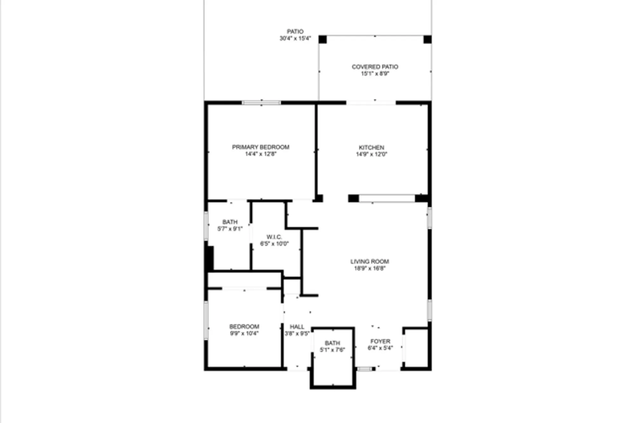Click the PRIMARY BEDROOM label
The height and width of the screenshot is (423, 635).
(260, 147)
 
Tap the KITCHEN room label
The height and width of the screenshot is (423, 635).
(371, 147)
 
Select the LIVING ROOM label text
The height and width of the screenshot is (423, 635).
(370, 262)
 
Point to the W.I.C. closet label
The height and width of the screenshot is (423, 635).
(274, 237)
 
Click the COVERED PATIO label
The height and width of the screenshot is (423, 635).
(375, 67)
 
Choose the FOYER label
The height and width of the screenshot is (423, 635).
(380, 342)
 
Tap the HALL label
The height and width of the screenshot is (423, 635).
(297, 327)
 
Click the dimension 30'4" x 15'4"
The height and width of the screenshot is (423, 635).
(295, 39)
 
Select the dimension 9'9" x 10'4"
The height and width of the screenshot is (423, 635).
(244, 334)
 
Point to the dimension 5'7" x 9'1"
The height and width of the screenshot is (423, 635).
(230, 229)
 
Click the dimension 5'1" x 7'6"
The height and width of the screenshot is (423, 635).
(332, 350)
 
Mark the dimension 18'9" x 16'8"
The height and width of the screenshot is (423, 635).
(370, 269)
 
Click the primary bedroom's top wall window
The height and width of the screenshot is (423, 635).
(261, 103)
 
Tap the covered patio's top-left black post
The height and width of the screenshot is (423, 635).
(323, 40)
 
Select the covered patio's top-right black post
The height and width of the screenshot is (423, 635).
(427, 40)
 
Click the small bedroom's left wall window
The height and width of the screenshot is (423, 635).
(206, 320)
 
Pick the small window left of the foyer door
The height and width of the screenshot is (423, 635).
(364, 369)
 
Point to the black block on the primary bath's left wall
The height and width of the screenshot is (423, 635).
(210, 258)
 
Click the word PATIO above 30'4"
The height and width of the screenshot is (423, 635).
(295, 32)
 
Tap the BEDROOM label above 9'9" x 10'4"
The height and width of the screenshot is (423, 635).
(244, 327)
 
